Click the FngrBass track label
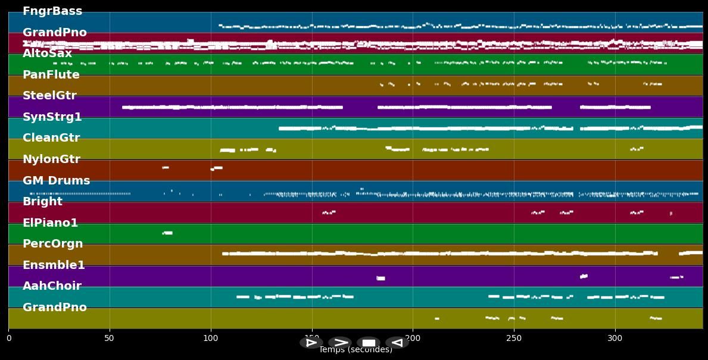point(52,11)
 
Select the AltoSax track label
point(47,54)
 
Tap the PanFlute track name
point(51,75)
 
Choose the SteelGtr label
point(49,96)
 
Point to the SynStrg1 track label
point(52,117)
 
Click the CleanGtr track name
point(51,138)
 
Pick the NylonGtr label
point(51,159)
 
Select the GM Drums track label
point(57,181)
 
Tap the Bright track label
point(42,202)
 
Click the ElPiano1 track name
point(51,223)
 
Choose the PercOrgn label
point(53,244)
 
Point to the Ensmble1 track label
point(54,265)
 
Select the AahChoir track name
point(52,286)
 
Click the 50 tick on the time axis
point(109,339)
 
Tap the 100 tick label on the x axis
point(210,339)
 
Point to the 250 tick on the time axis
point(514,339)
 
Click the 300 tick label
point(615,339)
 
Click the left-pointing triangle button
point(397,342)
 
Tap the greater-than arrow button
point(340,342)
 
